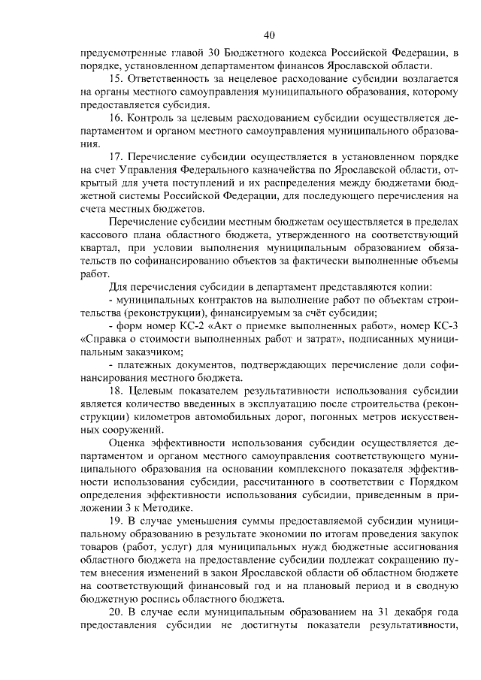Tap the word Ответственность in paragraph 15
click(x=172, y=78)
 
